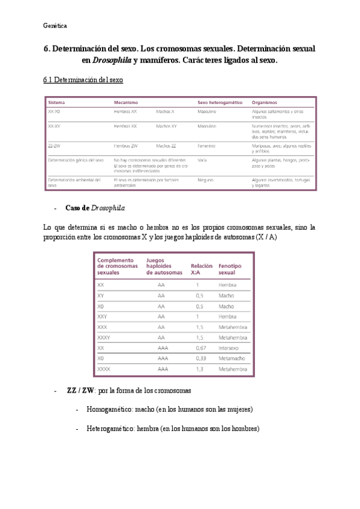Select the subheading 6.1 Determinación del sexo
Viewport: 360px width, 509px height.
pyautogui.click(x=84, y=80)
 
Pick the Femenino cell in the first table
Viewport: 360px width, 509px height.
pyautogui.click(x=207, y=145)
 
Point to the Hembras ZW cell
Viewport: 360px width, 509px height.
pyautogui.click(x=126, y=145)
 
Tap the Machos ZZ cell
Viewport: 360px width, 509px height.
pyautogui.click(x=166, y=145)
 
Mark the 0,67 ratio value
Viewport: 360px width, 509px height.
pyautogui.click(x=200, y=348)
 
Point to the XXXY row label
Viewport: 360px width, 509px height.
pyautogui.click(x=104, y=337)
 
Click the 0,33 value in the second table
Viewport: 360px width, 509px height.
pyautogui.click(x=200, y=358)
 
